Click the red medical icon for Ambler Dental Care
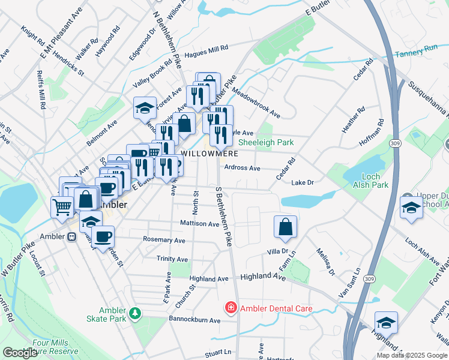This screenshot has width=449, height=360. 229,308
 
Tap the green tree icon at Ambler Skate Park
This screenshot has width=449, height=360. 136,313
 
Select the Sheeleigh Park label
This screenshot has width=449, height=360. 266,143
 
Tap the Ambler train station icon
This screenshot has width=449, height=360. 71,236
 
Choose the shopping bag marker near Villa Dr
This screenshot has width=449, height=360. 285,227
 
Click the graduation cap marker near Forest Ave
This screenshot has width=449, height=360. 145,109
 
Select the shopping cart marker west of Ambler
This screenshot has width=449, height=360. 62,208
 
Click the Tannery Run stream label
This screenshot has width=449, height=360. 416,55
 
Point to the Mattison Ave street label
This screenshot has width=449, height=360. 200,224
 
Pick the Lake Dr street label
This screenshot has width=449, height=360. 303,183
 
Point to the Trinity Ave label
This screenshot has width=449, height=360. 172,259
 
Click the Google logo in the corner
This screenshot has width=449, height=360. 20,352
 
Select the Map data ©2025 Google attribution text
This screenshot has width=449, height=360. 411,355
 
